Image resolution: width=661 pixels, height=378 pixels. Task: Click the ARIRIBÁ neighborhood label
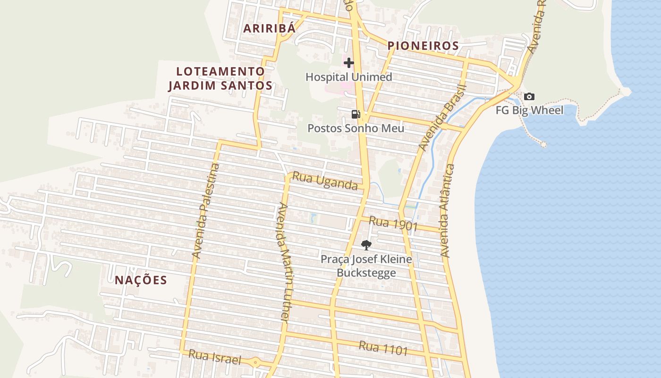click(269, 28)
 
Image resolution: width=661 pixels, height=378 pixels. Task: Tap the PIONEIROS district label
click(423, 46)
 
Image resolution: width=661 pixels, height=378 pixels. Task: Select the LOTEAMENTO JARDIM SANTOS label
click(220, 78)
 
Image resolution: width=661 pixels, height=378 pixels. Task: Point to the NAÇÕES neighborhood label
click(141, 280)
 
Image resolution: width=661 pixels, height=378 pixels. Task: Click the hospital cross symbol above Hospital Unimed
click(349, 63)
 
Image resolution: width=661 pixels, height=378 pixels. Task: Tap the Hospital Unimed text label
click(348, 77)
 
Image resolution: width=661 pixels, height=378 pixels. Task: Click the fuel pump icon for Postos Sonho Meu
click(356, 114)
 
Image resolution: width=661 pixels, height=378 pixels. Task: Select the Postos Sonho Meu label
click(356, 128)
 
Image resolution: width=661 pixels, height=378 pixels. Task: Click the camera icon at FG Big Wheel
click(529, 96)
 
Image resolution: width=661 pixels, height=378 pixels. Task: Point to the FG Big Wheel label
click(529, 111)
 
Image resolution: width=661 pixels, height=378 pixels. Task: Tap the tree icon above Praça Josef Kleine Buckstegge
click(366, 245)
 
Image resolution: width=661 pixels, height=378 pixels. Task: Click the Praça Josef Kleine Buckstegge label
click(366, 266)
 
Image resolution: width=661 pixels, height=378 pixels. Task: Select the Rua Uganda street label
click(325, 181)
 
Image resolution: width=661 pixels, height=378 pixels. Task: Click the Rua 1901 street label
click(393, 223)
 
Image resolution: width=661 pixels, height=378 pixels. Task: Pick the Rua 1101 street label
click(383, 348)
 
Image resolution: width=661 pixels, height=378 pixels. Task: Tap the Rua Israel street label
click(215, 357)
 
